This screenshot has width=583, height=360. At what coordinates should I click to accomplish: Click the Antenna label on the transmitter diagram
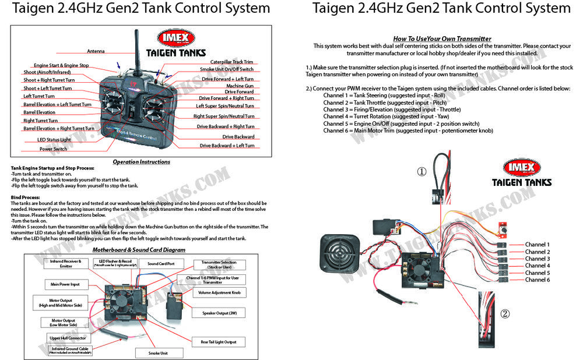coord(96,51)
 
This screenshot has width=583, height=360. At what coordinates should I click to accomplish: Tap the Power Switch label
coord(53,149)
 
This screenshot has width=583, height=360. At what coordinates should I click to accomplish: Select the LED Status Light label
coord(54,140)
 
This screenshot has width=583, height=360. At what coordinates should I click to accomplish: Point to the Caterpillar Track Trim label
coord(231,62)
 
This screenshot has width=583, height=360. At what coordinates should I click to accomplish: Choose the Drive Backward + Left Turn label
coord(227,146)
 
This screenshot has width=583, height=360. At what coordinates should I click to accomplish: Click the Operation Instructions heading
coord(142,162)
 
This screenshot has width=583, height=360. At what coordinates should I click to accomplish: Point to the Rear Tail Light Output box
coord(219,342)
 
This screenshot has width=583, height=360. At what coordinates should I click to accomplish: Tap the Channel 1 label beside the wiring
coord(537,245)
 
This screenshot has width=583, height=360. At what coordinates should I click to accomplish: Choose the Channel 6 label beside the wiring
coord(537,280)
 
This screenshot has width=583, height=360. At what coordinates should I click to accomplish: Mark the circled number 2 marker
coord(505,313)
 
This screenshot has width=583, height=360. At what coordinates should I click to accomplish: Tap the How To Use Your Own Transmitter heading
coord(442,38)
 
